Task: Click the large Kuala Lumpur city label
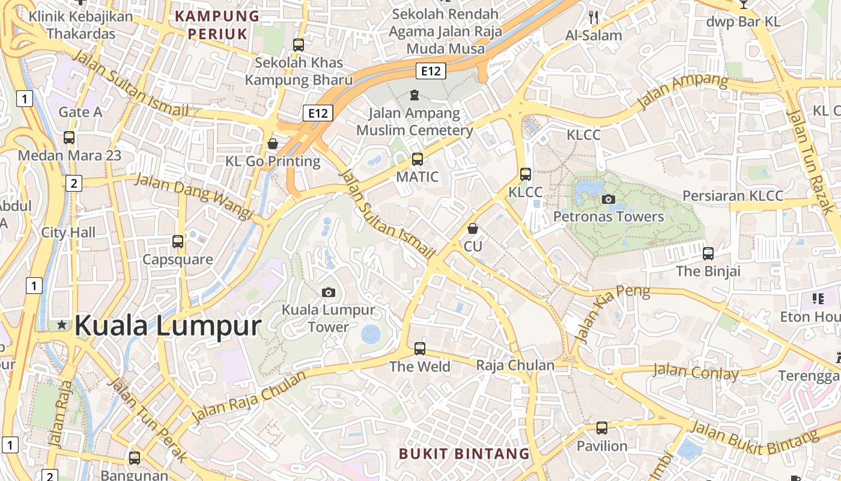[168, 326]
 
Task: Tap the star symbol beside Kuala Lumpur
[62, 325]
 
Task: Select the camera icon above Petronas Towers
[609, 199]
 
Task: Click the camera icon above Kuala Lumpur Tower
[328, 292]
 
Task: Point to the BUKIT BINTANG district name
[464, 453]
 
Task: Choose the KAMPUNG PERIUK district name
[217, 25]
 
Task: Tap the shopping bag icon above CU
[473, 228]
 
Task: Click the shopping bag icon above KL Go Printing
[273, 144]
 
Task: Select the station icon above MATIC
[417, 159]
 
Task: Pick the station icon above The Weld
[419, 348]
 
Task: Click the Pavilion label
[602, 446]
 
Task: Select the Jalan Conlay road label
[695, 372]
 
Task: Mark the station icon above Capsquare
[178, 242]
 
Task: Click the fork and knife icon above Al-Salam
[594, 17]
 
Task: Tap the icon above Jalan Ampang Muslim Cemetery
[414, 95]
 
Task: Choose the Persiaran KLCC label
[733, 196]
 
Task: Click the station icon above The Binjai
[708, 253]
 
